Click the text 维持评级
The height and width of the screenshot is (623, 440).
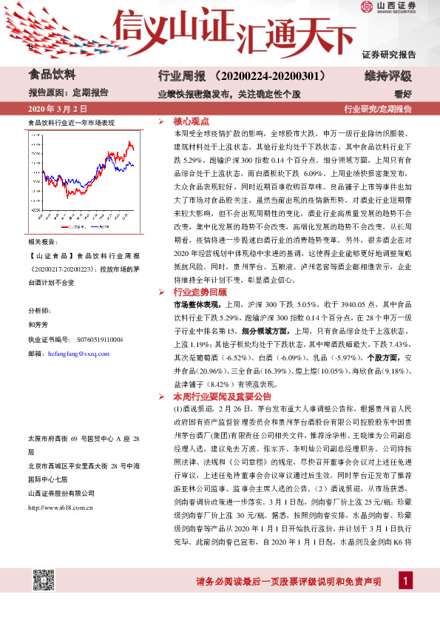(393, 75)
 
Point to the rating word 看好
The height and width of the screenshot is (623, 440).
(403, 93)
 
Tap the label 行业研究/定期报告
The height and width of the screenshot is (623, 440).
(378, 110)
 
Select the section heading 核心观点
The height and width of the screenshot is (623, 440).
(191, 121)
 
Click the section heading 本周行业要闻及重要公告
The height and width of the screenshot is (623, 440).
(214, 397)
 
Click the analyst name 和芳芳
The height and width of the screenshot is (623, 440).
(38, 324)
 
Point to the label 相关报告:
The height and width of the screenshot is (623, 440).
(43, 242)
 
